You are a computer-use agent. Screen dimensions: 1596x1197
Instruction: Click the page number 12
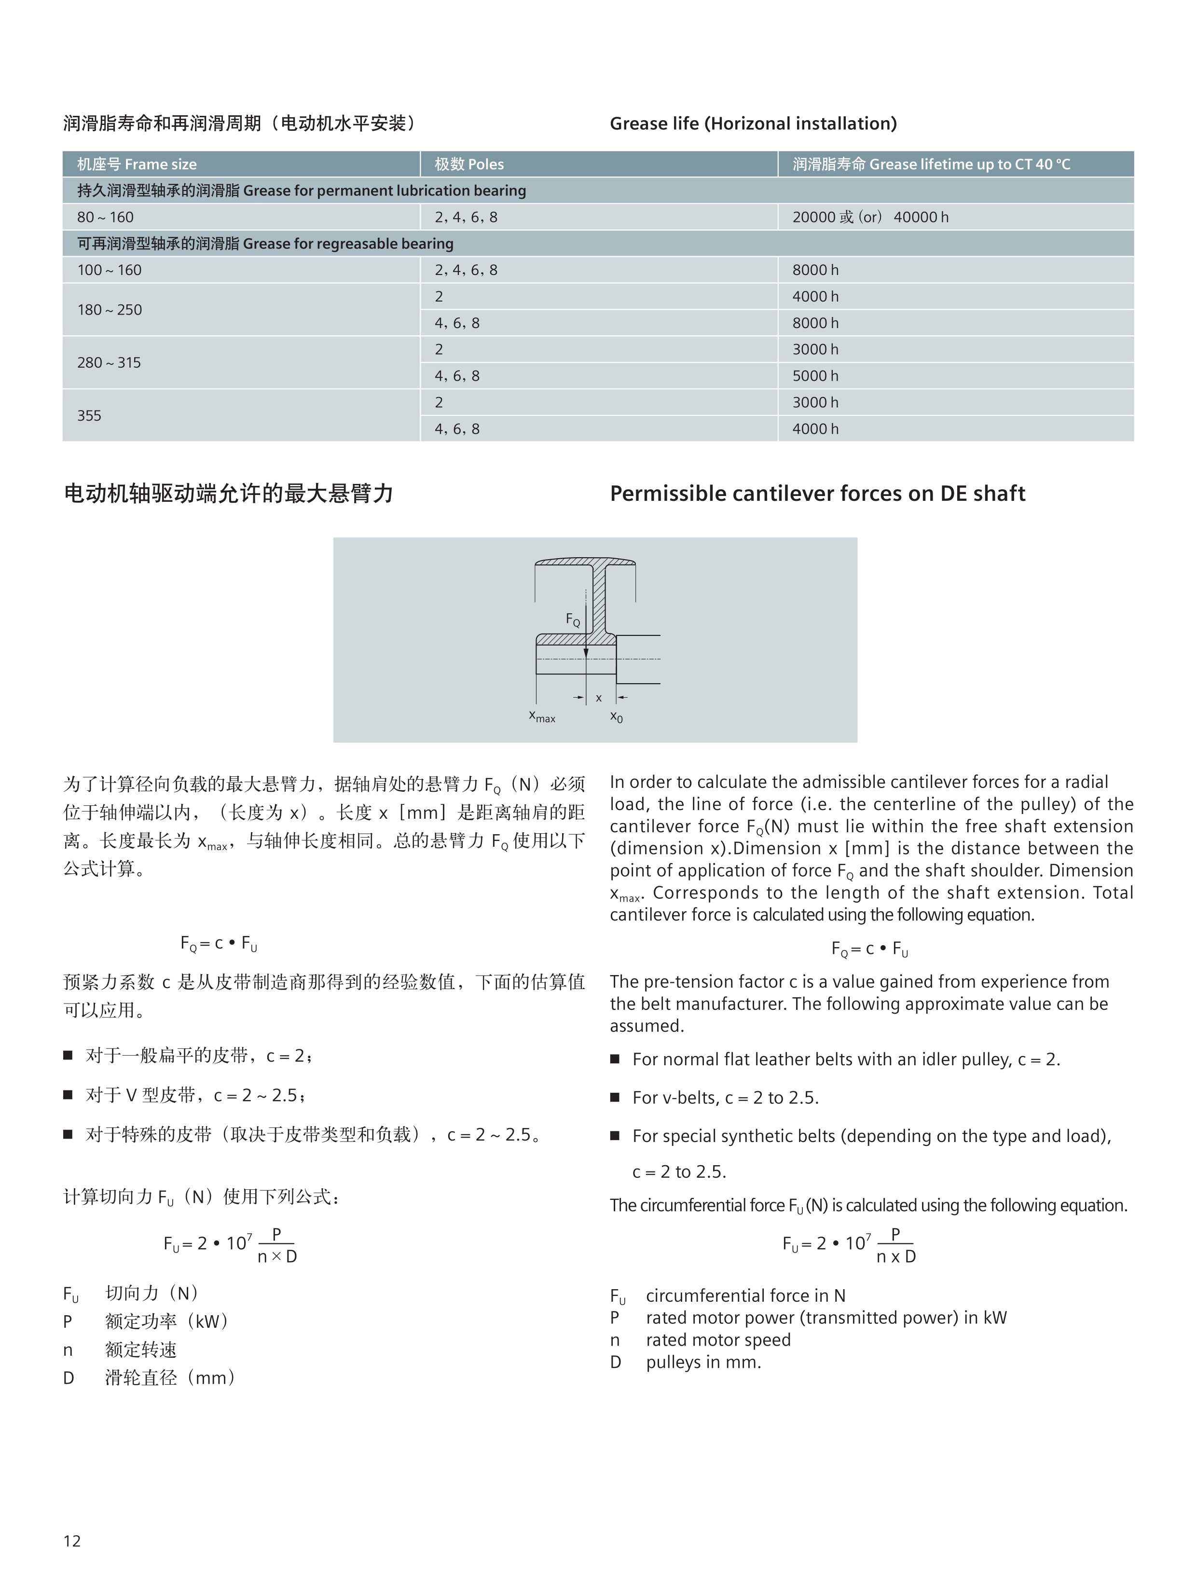(72, 1541)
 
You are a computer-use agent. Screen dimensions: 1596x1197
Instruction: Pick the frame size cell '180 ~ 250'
(110, 310)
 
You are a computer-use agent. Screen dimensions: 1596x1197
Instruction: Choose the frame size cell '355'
(89, 415)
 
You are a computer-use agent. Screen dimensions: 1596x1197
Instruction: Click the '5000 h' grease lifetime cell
(815, 376)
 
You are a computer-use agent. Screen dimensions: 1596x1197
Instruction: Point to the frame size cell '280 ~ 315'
(109, 363)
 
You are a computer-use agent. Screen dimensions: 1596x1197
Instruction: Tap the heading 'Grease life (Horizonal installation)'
(753, 124)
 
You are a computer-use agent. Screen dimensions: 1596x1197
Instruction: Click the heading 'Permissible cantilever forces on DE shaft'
(817, 494)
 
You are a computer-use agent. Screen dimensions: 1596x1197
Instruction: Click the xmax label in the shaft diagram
(542, 716)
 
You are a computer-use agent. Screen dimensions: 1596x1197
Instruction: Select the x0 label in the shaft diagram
(616, 716)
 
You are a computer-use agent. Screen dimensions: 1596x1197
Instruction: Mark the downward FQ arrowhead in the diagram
(586, 653)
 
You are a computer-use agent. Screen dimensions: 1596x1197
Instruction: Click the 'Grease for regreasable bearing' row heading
(265, 244)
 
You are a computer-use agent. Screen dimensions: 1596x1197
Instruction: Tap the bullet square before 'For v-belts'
(616, 1098)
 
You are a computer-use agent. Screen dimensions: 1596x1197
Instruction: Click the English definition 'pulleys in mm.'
(703, 1362)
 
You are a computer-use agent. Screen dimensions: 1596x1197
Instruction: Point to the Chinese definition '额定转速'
(141, 1350)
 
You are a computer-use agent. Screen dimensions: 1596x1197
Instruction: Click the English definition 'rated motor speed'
(718, 1340)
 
